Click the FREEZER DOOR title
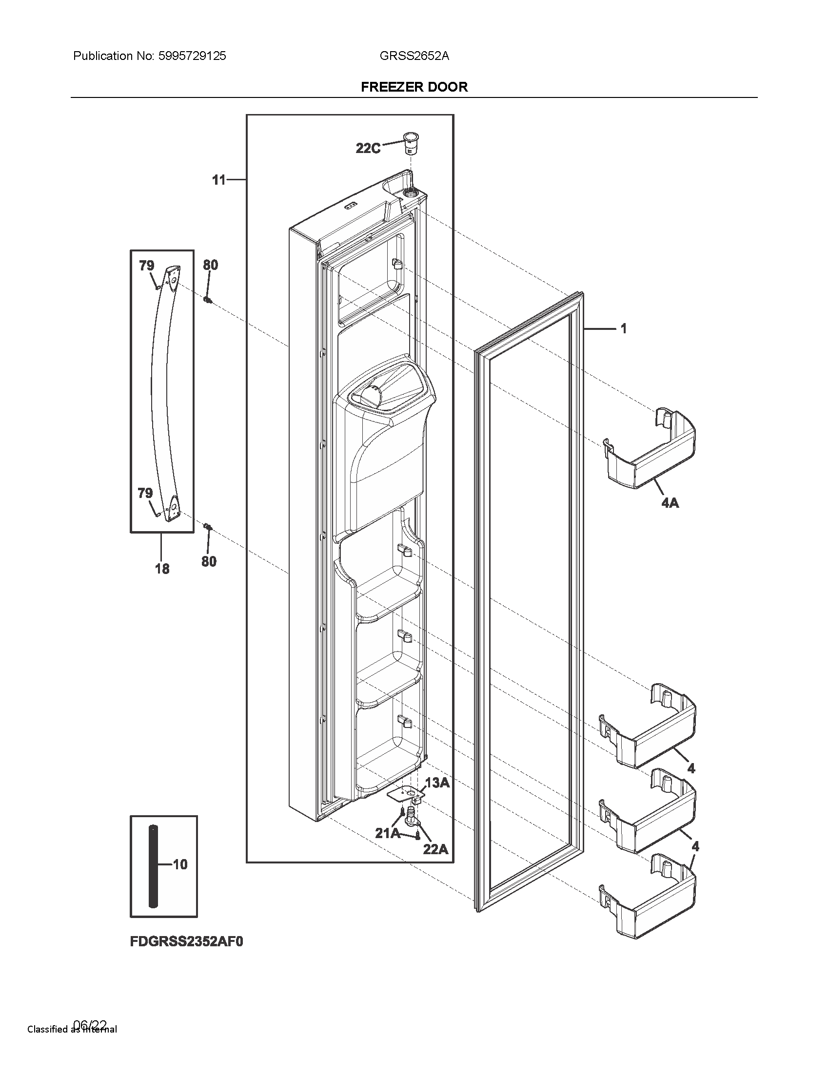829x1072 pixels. [x=414, y=87]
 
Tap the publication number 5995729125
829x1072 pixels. [x=192, y=56]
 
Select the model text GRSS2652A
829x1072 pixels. [x=414, y=56]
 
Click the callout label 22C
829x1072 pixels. [x=368, y=148]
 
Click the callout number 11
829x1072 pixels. [x=218, y=180]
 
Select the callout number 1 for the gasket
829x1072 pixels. [x=623, y=328]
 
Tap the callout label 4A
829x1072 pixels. [x=670, y=503]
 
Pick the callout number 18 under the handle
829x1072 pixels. [x=162, y=569]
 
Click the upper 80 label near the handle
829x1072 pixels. [x=210, y=265]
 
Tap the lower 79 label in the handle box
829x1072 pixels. [x=145, y=493]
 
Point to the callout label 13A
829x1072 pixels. [x=437, y=783]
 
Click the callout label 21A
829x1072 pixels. [x=387, y=833]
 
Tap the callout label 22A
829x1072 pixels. [x=435, y=849]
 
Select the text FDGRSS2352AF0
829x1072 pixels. [x=187, y=941]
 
